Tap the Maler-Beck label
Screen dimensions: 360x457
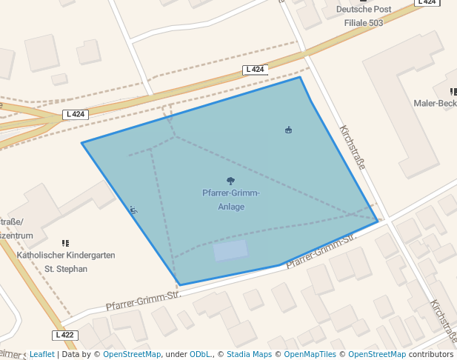point(435,103)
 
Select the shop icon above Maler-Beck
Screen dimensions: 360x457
point(453,91)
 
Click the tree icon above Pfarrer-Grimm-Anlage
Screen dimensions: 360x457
point(230,181)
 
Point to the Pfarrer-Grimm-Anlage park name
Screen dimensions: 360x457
point(231,200)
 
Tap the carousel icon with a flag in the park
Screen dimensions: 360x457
point(288,130)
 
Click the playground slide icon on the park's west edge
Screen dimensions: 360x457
point(133,210)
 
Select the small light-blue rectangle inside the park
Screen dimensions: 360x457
point(230,250)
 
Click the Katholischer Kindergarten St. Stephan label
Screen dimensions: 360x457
point(66,261)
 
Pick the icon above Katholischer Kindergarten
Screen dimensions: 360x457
point(66,243)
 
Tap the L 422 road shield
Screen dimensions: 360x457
point(65,335)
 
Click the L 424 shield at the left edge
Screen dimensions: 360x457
point(76,114)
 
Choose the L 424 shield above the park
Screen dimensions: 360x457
point(254,70)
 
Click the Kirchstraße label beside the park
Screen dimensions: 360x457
point(353,147)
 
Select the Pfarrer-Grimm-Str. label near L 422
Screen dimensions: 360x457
point(144,300)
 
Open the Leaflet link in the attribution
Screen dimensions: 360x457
point(41,354)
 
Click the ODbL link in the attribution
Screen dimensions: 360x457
point(200,354)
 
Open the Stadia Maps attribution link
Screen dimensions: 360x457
point(249,354)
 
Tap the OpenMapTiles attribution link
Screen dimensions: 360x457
point(310,354)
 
